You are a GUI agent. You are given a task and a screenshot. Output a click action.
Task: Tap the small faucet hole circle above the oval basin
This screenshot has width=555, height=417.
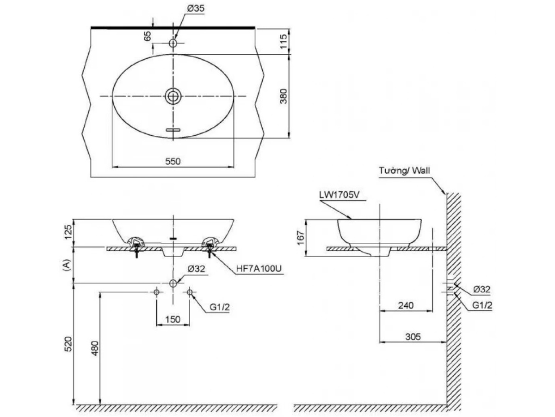(x=173, y=43)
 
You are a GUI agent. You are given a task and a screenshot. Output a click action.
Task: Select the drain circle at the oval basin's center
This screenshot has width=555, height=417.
(x=173, y=96)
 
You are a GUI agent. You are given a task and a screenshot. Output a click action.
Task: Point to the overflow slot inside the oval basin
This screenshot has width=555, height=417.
(x=173, y=130)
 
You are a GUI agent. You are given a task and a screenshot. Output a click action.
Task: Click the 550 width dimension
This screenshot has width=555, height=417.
(x=173, y=161)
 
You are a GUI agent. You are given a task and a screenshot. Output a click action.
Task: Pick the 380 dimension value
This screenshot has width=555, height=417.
(x=284, y=96)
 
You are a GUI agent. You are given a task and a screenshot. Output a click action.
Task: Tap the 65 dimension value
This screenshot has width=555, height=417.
(x=148, y=37)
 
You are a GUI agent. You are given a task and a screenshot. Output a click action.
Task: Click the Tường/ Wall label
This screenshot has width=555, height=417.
(x=404, y=171)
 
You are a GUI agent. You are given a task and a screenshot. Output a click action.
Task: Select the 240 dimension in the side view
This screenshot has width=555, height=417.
(x=405, y=306)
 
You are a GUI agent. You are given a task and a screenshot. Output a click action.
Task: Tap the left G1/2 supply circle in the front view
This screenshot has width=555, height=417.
(x=156, y=292)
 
